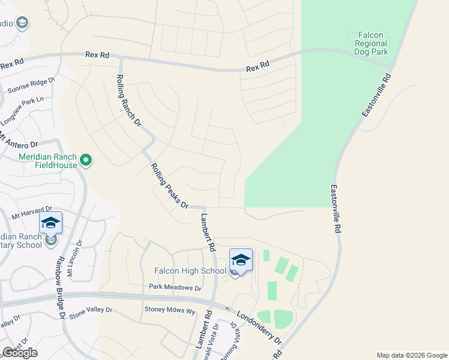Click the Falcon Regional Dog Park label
click(x=371, y=44)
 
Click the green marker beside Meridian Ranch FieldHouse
click(x=86, y=160)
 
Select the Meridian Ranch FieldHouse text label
click(x=48, y=160)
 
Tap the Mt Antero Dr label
click(x=20, y=143)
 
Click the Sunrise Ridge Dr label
click(x=31, y=86)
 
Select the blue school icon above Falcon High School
click(x=241, y=260)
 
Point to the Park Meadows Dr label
click(x=175, y=288)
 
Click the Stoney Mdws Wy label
click(x=170, y=310)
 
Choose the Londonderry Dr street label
click(x=259, y=327)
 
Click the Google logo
click(x=19, y=353)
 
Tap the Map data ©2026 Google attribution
click(x=411, y=355)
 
